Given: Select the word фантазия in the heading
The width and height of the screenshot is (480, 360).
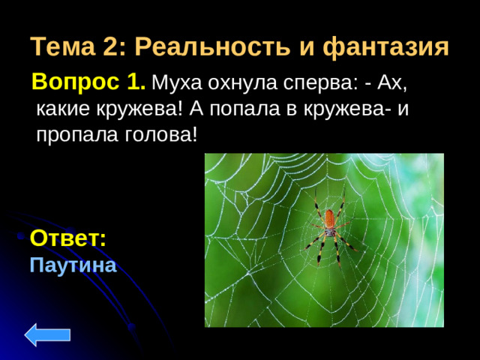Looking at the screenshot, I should click(x=385, y=47).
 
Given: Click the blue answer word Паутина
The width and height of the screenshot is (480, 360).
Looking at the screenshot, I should click(x=73, y=265).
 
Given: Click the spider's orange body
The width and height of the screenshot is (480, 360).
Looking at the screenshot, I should click(x=329, y=220).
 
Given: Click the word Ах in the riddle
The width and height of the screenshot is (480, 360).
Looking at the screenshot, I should click(x=396, y=82).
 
